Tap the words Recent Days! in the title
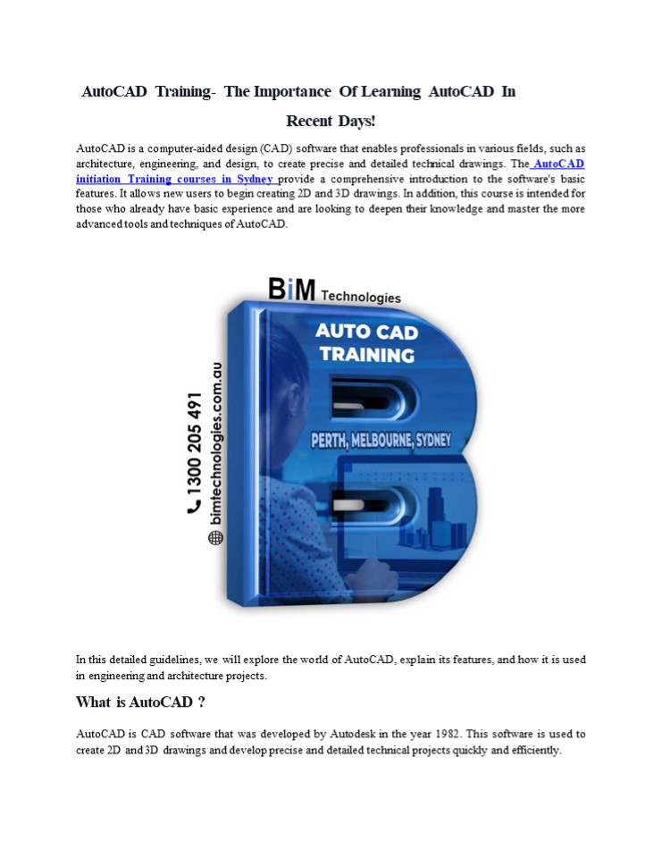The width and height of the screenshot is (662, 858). [331, 121]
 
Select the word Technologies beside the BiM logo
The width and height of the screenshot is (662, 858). [361, 297]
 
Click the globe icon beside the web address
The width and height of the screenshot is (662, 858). [215, 537]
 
